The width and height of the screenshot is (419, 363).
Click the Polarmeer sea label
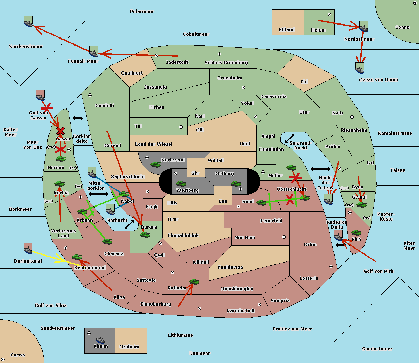coord(142,12)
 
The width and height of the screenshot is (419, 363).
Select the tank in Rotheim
coord(194,281)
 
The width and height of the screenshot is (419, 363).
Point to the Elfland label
coord(287,29)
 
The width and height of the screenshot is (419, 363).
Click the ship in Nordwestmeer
coord(28,21)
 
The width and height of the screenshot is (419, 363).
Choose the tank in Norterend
coord(155,164)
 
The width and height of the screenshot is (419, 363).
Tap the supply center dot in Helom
coord(329,14)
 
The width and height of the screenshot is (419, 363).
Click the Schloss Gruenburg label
coord(226,62)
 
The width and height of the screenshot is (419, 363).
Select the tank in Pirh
coord(356,232)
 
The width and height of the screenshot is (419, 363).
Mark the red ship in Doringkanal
coord(28,248)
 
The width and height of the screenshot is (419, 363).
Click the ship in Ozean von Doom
coord(360,68)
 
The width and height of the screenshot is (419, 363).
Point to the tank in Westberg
coord(181,183)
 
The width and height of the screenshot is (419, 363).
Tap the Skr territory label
coord(196,173)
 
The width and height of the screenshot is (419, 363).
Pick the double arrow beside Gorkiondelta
coord(78,118)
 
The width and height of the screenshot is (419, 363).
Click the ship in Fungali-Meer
coord(94,51)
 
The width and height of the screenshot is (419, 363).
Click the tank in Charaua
coord(107,241)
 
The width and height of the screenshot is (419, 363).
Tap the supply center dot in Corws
coord(3,359)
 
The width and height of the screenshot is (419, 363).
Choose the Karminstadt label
coord(241,310)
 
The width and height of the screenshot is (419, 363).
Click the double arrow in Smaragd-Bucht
coord(289,138)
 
